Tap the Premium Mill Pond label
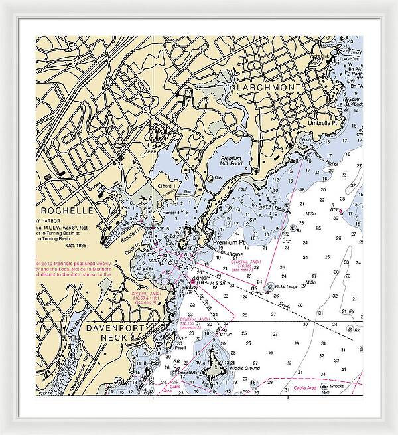(x=231, y=162)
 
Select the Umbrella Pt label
(x=323, y=123)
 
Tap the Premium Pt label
(x=228, y=243)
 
